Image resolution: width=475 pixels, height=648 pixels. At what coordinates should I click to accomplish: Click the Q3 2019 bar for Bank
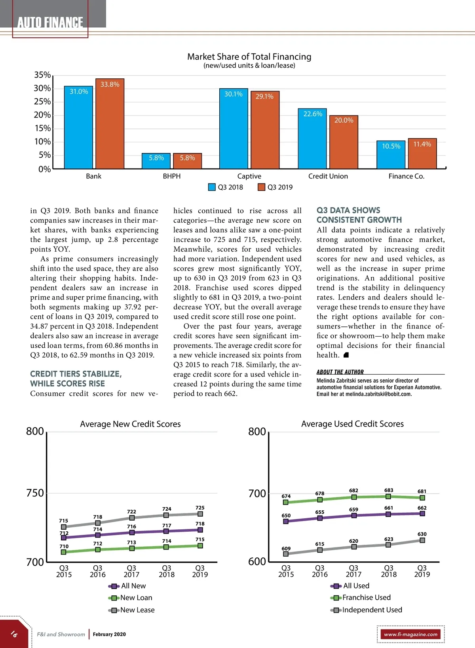tap(110, 124)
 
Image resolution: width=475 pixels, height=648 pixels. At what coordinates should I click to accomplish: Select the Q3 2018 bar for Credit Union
tap(312, 138)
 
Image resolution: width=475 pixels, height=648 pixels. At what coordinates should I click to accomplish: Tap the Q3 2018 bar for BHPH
tap(156, 161)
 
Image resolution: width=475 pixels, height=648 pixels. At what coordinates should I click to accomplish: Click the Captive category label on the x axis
tap(249, 176)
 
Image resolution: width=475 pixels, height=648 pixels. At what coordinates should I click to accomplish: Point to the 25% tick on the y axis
tap(42, 102)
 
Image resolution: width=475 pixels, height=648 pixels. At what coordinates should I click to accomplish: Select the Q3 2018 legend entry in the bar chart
tap(226, 187)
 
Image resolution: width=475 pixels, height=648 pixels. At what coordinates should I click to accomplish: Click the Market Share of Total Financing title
tap(249, 57)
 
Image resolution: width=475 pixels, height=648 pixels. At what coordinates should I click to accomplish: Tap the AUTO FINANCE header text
tap(50, 23)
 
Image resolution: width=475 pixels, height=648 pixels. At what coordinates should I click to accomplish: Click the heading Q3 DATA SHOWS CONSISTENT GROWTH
tap(359, 215)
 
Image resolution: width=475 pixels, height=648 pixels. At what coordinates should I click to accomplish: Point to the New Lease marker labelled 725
tap(200, 514)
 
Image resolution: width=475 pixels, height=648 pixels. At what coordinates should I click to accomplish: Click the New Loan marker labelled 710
tap(64, 552)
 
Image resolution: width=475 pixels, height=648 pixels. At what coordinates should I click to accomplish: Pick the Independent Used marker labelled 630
tap(422, 540)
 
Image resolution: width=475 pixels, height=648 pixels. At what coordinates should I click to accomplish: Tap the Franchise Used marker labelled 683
tap(388, 496)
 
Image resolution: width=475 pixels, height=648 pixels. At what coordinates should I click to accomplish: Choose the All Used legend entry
tap(351, 586)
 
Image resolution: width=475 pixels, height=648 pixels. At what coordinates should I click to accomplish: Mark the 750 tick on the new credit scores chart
tap(35, 493)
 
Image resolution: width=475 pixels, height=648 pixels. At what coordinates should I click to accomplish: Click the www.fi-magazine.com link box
tap(410, 634)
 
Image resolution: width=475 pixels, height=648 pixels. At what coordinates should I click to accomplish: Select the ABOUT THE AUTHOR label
tap(340, 372)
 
